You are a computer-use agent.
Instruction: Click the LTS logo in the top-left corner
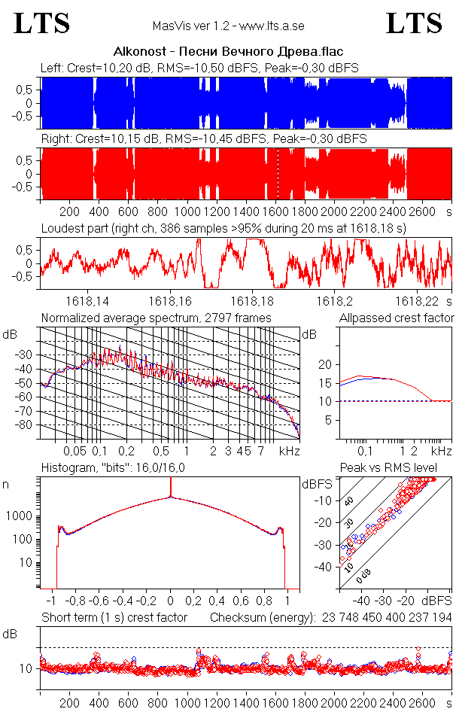point(42,23)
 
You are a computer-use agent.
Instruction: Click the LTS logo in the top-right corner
point(414,23)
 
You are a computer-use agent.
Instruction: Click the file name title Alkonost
point(227,52)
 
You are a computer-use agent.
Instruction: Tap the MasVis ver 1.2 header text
point(227,26)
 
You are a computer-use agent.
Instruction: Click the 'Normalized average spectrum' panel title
point(156,318)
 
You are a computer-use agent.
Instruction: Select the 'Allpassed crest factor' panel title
point(397,318)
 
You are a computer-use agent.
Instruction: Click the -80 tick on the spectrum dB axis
point(28,425)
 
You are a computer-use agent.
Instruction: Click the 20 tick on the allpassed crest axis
point(325,364)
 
